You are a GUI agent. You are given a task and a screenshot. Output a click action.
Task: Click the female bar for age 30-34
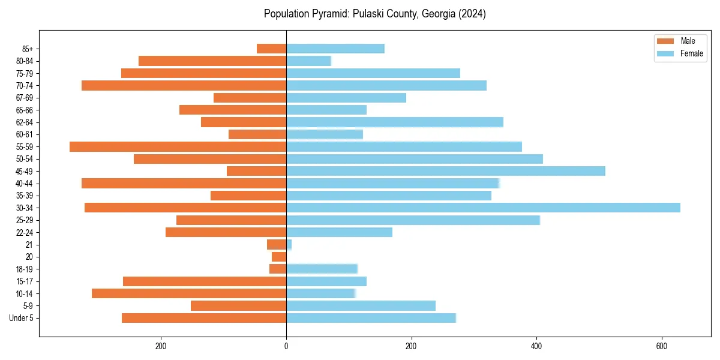[x=483, y=208]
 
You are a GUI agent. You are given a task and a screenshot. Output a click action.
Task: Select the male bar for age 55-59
[x=178, y=146]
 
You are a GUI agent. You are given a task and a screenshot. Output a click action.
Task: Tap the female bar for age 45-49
[x=446, y=171]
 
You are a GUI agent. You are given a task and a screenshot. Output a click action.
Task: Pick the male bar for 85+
[x=271, y=49]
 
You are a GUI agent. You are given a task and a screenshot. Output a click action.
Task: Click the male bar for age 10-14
[x=189, y=293]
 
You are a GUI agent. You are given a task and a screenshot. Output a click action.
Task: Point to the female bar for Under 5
[x=371, y=318]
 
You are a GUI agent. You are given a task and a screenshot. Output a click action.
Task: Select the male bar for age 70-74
[x=184, y=85]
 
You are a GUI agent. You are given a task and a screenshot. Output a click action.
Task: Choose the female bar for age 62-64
[x=395, y=122]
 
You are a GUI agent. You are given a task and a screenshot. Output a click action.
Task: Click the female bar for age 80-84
[x=308, y=61]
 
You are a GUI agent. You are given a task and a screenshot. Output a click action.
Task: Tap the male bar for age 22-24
[x=226, y=232]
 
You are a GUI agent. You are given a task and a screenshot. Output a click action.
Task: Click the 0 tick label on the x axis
[x=286, y=346]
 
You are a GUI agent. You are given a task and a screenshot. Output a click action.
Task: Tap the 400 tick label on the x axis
[x=536, y=346]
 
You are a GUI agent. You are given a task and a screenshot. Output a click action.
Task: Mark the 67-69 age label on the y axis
[x=25, y=98]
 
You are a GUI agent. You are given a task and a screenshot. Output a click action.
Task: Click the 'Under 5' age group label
[x=22, y=318]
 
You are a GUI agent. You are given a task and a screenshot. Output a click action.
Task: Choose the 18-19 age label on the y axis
[x=25, y=269]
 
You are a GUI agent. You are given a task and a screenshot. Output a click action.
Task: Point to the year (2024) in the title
[x=472, y=14]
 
